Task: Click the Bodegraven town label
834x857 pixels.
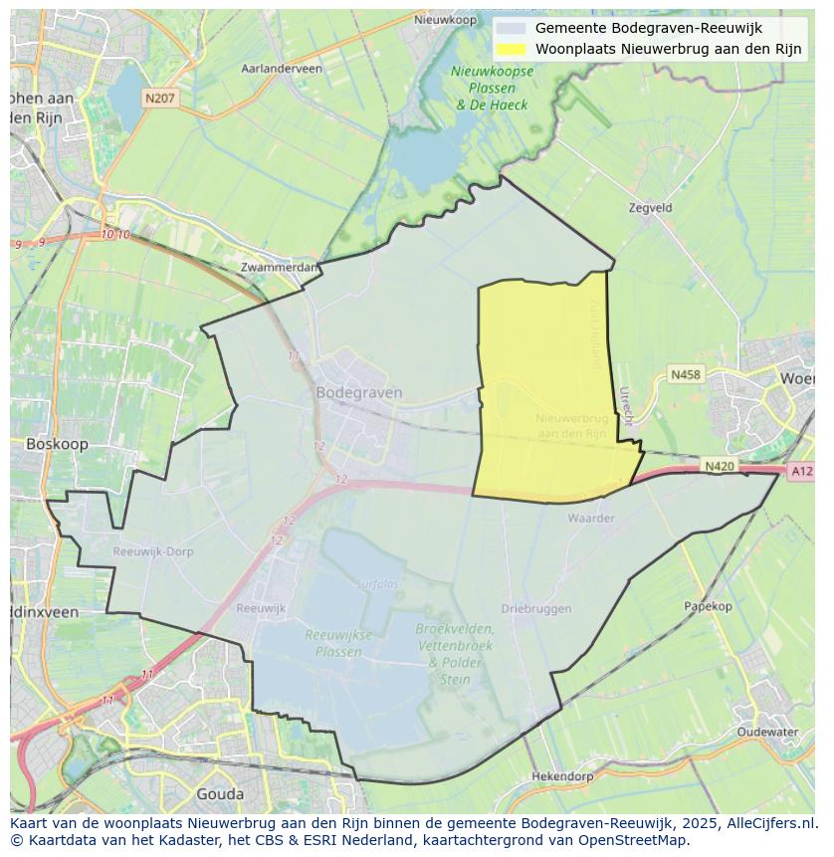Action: point(358,392)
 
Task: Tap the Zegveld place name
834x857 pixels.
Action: point(651,208)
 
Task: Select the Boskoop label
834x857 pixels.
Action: point(57,444)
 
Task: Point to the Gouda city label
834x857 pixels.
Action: point(220,793)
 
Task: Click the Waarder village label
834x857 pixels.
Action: point(591,519)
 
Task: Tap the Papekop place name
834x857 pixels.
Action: point(708,606)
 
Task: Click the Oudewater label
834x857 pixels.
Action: point(767,732)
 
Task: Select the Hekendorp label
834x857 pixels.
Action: point(562,776)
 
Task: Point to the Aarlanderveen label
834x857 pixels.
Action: point(282,69)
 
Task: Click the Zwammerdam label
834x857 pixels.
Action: point(280,267)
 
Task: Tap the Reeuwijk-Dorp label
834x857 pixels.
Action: point(153,551)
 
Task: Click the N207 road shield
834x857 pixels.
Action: point(159,98)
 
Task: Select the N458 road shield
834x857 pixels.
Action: point(685,374)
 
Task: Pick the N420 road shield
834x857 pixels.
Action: point(719,466)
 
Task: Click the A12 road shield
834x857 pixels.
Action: point(801,472)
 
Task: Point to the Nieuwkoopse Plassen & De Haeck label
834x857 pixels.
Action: point(492,88)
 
